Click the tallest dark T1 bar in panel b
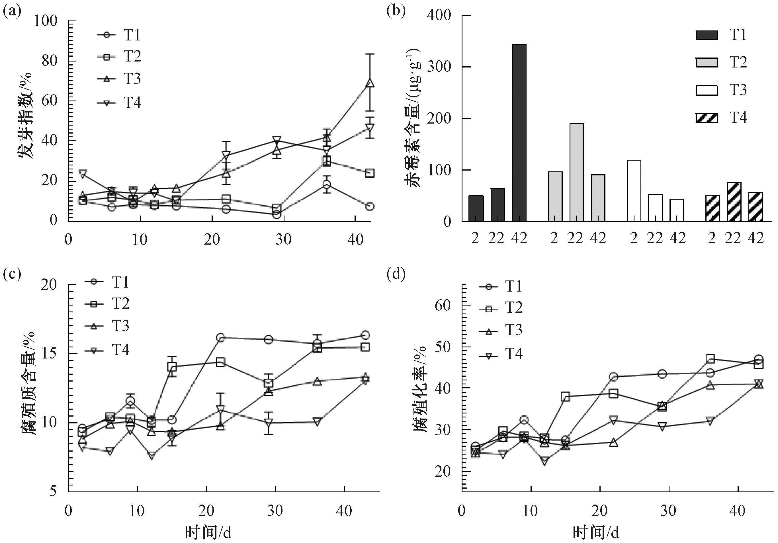[x=519, y=133]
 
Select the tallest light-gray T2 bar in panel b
[x=576, y=172]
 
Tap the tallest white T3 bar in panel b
[x=634, y=190]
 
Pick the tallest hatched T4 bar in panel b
[x=734, y=202]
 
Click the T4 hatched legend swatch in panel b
[x=707, y=118]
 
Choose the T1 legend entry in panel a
[x=118, y=35]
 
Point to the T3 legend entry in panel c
[x=107, y=326]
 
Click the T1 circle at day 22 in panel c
[x=220, y=337]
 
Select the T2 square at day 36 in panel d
[x=711, y=359]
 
